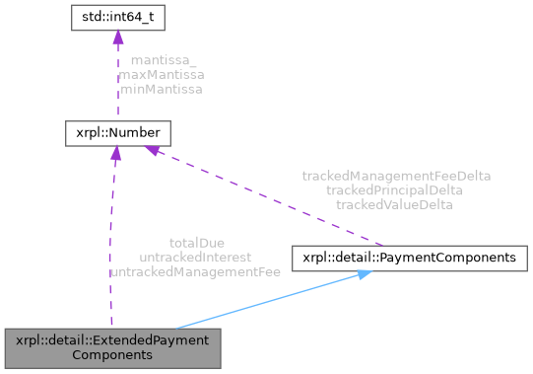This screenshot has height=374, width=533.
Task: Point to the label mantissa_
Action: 164,60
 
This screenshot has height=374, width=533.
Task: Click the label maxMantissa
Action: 161,74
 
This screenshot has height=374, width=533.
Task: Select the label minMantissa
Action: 161,89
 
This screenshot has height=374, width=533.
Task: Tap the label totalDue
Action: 197,242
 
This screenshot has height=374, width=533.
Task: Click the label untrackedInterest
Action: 195,256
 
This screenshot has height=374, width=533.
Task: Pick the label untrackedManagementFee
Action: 188,270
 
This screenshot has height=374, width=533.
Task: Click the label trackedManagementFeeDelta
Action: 396,176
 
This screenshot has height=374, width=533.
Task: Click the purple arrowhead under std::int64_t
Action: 117,37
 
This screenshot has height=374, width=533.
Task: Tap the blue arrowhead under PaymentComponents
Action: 362,275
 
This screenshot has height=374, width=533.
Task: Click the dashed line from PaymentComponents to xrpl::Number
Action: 266,197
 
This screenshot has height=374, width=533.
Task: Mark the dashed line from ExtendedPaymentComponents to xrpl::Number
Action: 113,237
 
